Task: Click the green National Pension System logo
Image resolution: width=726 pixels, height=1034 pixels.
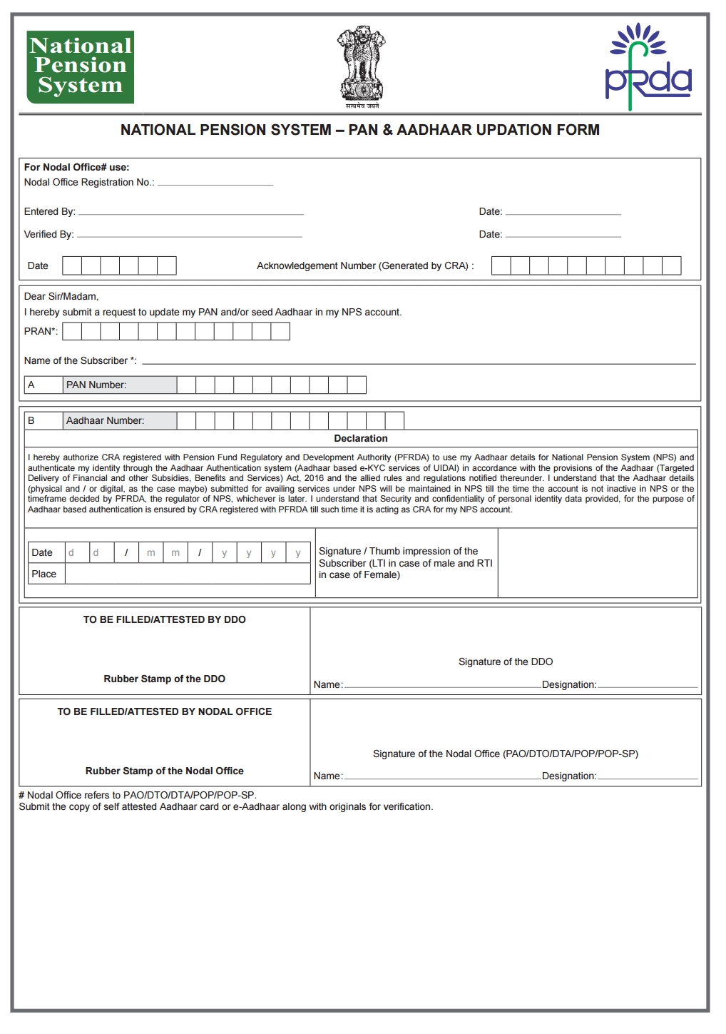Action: [80, 66]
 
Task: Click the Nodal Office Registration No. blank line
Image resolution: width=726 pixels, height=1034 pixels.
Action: [215, 183]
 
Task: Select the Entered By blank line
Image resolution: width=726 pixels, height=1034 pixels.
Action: [191, 213]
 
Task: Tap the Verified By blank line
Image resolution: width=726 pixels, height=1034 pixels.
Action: [190, 235]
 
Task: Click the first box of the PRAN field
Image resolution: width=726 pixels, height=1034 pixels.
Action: [72, 331]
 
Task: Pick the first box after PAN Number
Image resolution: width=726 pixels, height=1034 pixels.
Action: [186, 385]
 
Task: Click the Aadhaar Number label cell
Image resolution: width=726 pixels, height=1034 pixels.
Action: [120, 421]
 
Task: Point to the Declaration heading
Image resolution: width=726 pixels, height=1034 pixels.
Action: [361, 439]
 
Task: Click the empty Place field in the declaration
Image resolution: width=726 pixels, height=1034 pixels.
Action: [187, 574]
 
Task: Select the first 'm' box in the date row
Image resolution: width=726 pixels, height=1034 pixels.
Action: [151, 553]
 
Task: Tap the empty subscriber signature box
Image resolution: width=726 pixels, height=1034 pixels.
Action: [597, 563]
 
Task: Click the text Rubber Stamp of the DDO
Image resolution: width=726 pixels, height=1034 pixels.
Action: [165, 679]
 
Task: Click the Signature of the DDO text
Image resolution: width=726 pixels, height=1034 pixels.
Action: [506, 662]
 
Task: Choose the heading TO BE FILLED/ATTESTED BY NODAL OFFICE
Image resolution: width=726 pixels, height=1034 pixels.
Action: [165, 712]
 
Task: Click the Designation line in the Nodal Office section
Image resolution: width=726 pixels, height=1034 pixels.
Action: [647, 776]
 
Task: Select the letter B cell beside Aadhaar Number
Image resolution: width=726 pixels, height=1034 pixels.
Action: [44, 421]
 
